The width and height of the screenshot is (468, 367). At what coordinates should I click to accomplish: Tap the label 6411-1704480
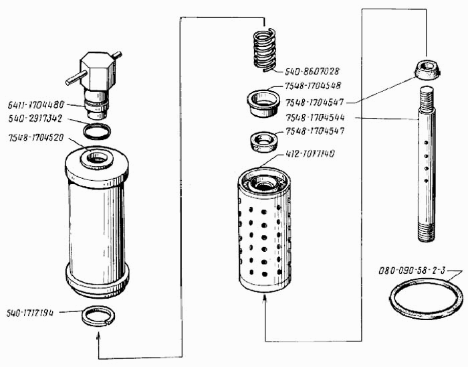coord(36,104)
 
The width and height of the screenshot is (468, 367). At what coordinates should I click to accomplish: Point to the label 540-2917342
coord(35,118)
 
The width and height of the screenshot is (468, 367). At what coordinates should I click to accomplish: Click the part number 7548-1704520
coord(36,137)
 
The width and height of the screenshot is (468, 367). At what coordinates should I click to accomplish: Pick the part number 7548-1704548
coord(313,86)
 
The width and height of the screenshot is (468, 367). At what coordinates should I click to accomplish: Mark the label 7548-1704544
coord(315,118)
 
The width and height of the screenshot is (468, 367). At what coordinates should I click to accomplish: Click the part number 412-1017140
coord(311,154)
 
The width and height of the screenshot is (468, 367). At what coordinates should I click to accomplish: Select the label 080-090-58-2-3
coord(406,272)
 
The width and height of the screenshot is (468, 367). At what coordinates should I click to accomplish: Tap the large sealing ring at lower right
coord(426,299)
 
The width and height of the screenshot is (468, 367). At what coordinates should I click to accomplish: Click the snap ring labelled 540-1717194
coord(98,315)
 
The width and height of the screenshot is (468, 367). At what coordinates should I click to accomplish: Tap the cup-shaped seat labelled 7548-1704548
coord(263,100)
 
